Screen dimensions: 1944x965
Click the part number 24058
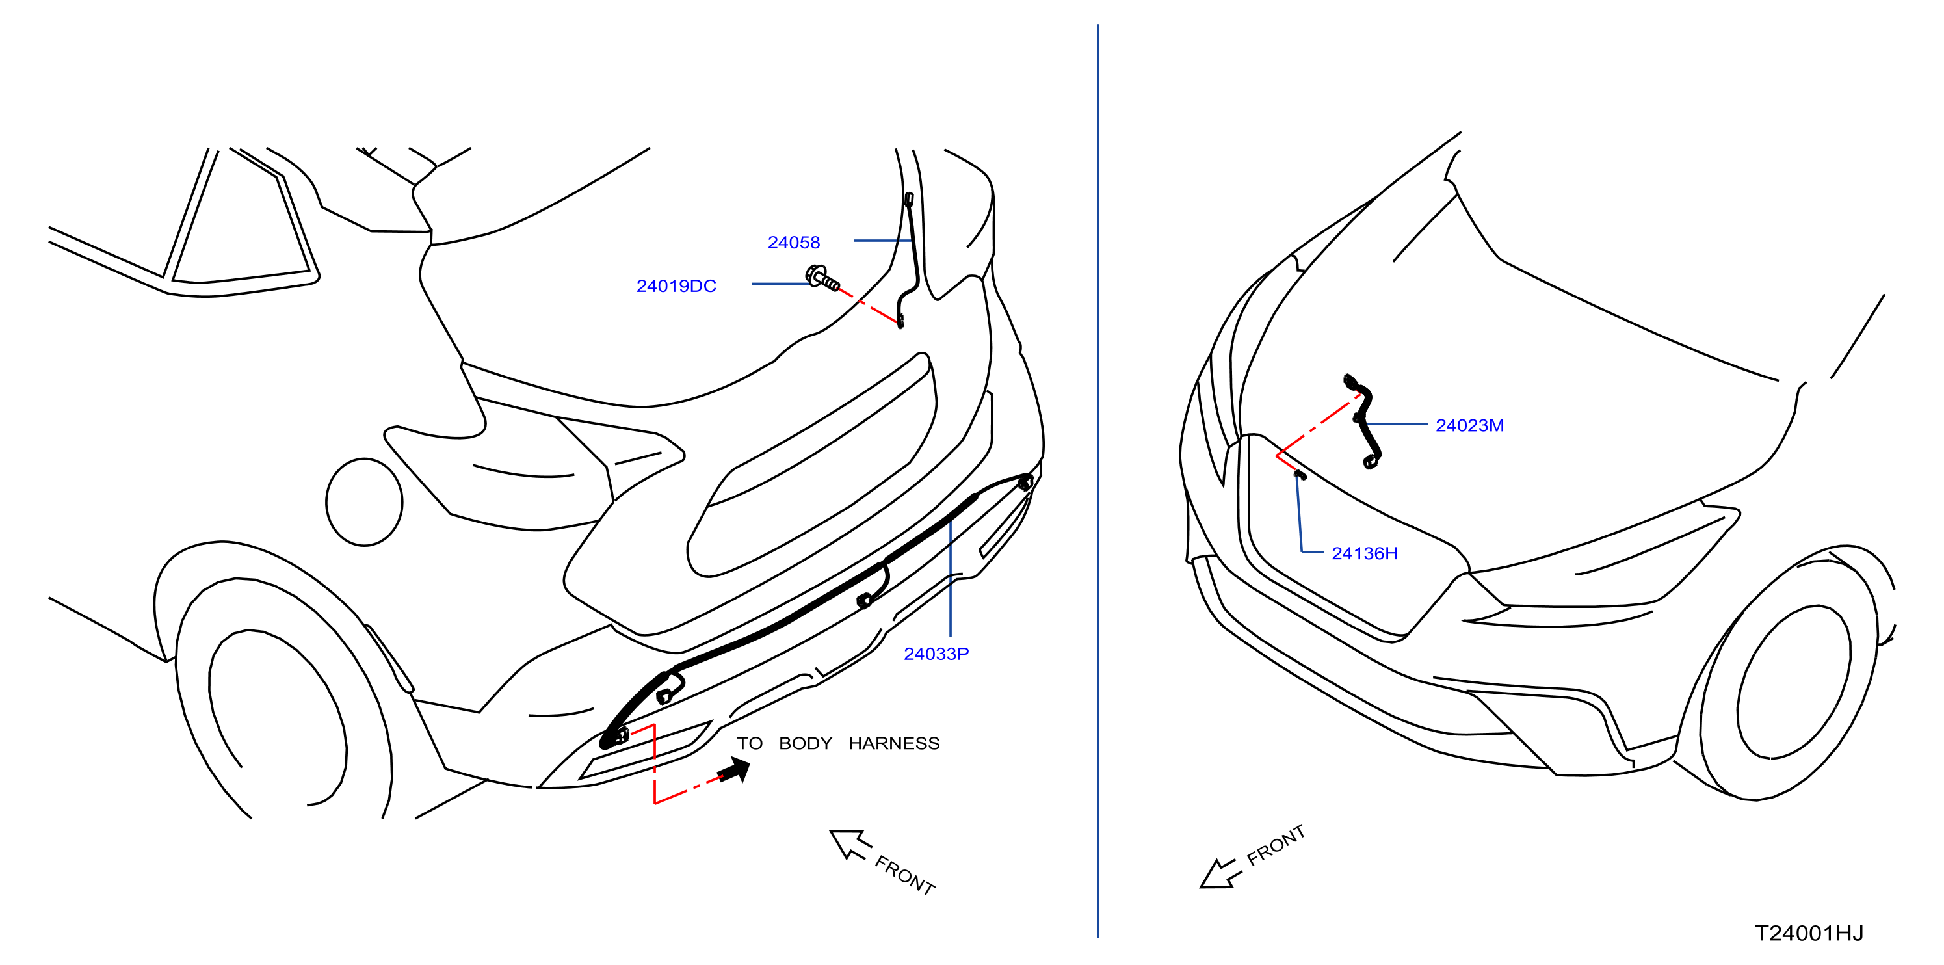coord(793,242)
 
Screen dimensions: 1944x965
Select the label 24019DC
coord(676,286)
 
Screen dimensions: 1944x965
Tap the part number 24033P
coord(936,654)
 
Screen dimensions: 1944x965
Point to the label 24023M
coord(1469,425)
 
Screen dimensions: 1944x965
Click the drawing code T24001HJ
coord(1809,933)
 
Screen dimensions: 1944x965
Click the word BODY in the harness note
coord(805,743)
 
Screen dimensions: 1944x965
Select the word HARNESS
coord(894,743)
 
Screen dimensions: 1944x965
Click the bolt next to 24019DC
coord(822,278)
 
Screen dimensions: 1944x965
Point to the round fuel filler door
coord(365,502)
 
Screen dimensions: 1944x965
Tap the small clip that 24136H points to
coord(1300,475)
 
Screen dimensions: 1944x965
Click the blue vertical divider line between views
coord(1098,481)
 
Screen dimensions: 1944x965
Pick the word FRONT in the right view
coord(1276,845)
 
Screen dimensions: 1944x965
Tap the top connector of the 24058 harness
coord(910,199)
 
